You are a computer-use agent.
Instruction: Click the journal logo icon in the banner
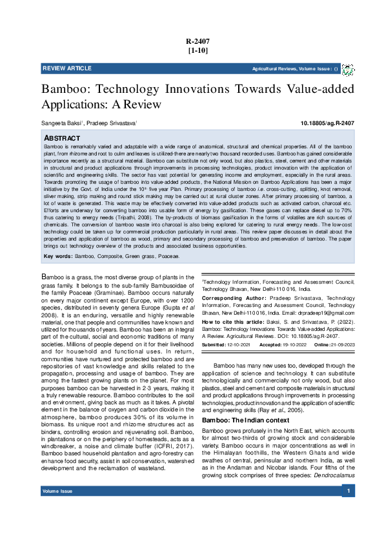[x=348, y=69]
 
